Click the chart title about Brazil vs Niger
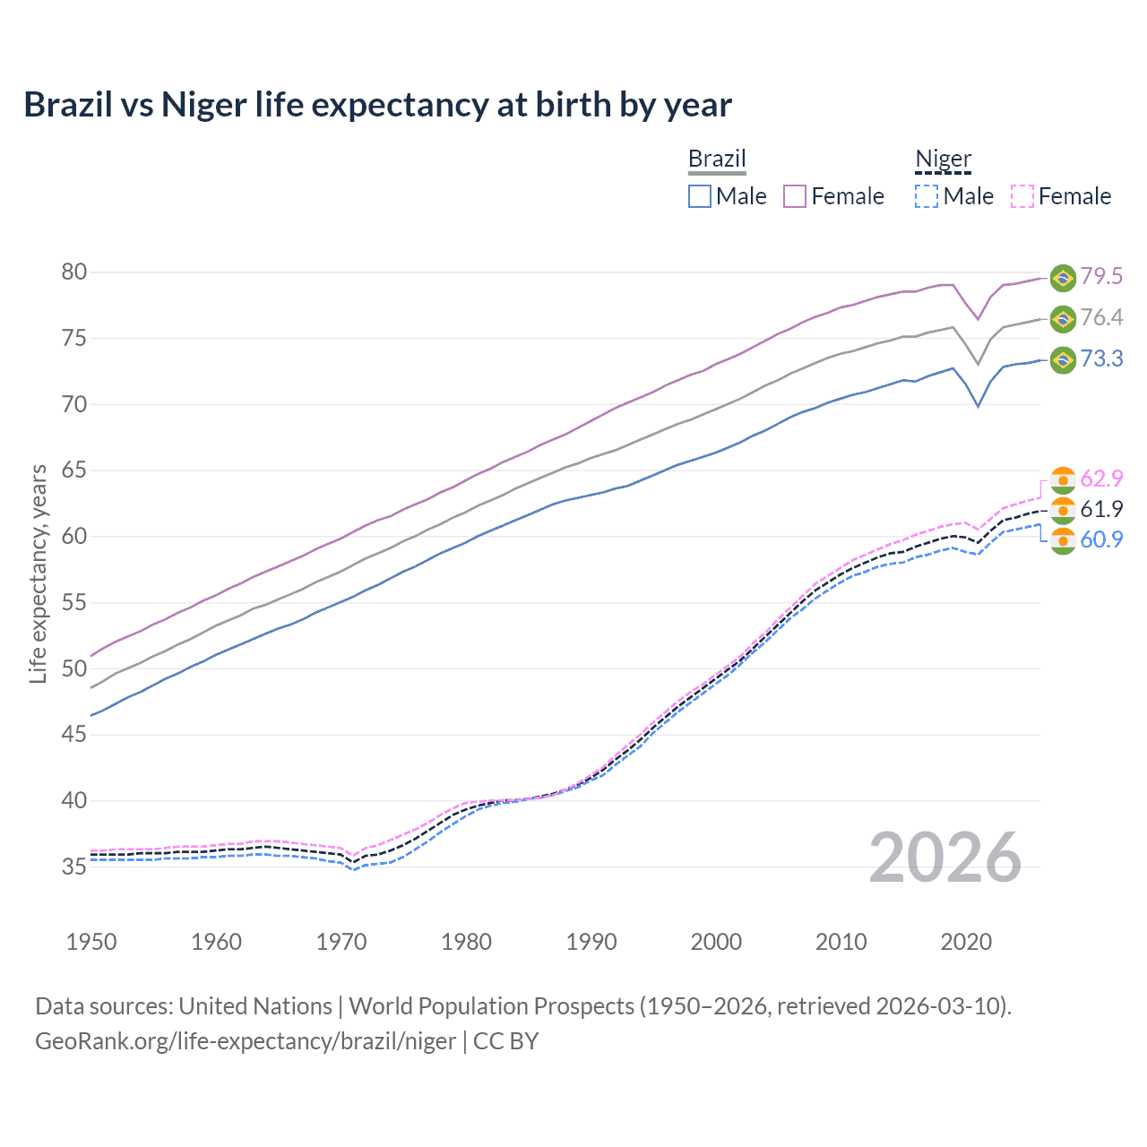(x=377, y=105)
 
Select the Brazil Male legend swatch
(x=700, y=196)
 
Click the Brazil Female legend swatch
(x=795, y=196)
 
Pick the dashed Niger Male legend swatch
(x=927, y=196)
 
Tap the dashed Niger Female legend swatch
(x=1022, y=196)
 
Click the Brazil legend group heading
(x=717, y=159)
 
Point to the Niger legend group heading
(x=943, y=159)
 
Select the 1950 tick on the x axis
(x=91, y=942)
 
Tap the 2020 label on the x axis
(x=966, y=942)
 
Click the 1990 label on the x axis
(x=591, y=942)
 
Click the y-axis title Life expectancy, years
(x=38, y=573)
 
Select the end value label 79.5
(x=1101, y=276)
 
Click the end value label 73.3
(x=1101, y=358)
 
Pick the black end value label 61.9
(x=1101, y=509)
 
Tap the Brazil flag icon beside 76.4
(x=1063, y=318)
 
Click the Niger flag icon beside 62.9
(x=1063, y=479)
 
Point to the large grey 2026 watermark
(x=944, y=858)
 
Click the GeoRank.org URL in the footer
(x=245, y=1041)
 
